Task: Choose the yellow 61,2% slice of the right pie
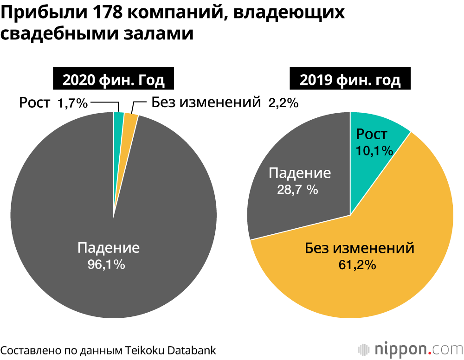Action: (371, 278)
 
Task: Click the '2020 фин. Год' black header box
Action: (114, 80)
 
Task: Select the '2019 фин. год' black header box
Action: (350, 80)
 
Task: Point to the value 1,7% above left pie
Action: (72, 103)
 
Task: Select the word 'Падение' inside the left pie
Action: (109, 247)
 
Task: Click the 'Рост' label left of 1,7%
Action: (34, 103)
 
